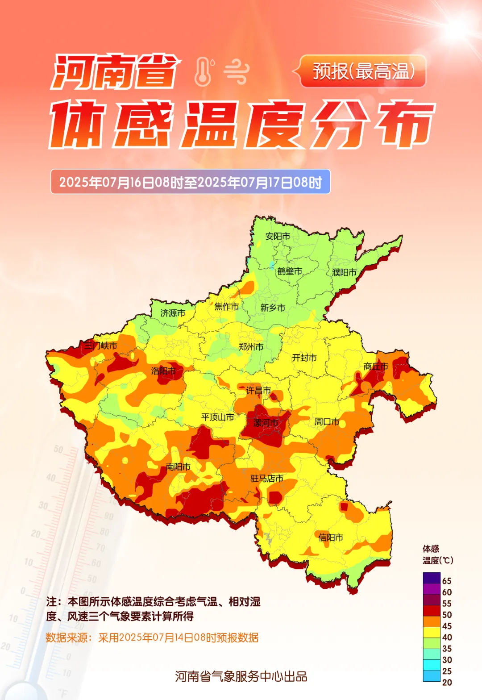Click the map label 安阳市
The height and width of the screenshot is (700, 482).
(x=278, y=236)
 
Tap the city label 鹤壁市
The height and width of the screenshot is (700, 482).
(x=290, y=271)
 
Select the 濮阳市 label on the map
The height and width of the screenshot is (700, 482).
(x=345, y=272)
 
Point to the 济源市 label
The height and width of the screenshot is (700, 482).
(x=173, y=313)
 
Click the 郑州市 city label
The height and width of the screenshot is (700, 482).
(x=251, y=346)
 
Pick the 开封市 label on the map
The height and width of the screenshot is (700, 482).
(x=304, y=358)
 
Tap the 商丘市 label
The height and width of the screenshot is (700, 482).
(x=376, y=367)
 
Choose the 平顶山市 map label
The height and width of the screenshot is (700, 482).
(x=217, y=417)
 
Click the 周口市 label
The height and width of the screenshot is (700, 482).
(x=327, y=421)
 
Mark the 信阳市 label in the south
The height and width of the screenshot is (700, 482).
(x=331, y=537)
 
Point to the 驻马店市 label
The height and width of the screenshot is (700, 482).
(x=267, y=478)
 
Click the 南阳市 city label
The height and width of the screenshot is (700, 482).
(x=178, y=467)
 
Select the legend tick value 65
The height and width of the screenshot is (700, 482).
(x=447, y=581)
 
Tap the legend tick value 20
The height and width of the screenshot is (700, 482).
(x=447, y=682)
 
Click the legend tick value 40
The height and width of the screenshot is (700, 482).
(x=447, y=637)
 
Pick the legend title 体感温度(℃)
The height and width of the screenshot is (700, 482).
(x=437, y=554)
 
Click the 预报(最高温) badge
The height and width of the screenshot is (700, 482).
(x=363, y=71)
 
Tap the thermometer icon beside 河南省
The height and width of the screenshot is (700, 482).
(x=204, y=71)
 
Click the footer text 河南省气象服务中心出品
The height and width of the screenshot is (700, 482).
(x=241, y=676)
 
